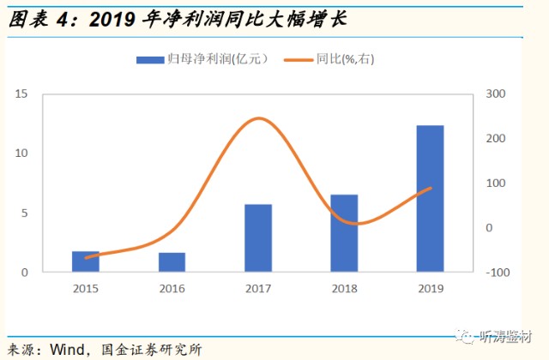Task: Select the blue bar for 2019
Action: point(431,198)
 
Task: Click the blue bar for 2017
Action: point(258,238)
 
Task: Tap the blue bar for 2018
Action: point(344,233)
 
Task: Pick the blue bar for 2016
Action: point(172,262)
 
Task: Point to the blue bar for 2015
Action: point(86,261)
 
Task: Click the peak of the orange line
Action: point(258,118)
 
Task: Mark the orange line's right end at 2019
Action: point(431,188)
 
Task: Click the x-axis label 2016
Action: point(172,289)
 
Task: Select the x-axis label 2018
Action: point(345,289)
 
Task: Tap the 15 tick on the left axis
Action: point(21,93)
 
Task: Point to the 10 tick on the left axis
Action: point(21,153)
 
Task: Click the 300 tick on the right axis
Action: point(496,93)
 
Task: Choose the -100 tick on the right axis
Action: point(498,273)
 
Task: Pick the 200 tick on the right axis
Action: point(496,139)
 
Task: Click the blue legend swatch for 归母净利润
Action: point(150,60)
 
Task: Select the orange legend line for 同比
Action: point(299,60)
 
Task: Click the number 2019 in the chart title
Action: point(112,20)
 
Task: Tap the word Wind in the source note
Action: point(67,349)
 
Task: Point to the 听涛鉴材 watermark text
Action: point(506,337)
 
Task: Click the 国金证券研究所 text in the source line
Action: point(152,350)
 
